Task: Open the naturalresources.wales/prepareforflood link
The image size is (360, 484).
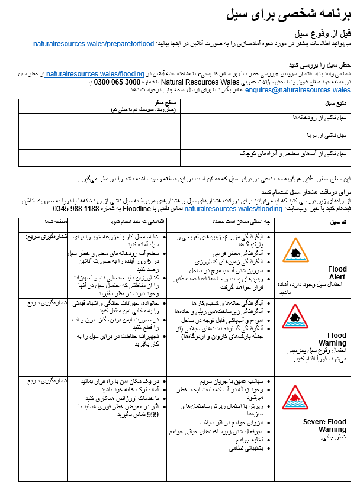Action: click(x=93, y=44)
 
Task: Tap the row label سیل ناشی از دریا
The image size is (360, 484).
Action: click(x=326, y=136)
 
